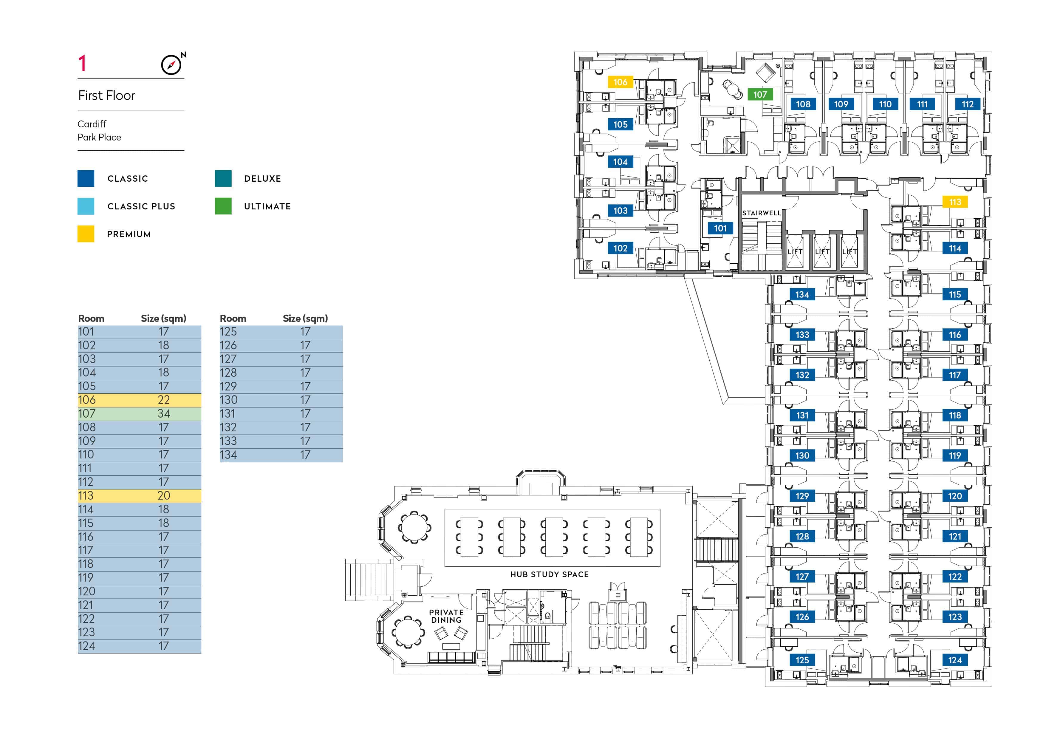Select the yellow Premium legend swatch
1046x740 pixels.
tap(86, 234)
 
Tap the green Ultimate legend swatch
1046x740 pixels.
tap(223, 206)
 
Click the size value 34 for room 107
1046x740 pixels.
tap(164, 414)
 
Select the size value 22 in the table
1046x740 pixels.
tap(164, 400)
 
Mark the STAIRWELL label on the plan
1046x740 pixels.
tap(761, 213)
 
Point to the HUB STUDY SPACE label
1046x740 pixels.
tap(550, 574)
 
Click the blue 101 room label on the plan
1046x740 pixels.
tap(720, 228)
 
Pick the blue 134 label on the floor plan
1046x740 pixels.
tap(802, 294)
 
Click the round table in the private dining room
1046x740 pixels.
tap(409, 633)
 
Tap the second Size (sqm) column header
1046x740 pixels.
tap(305, 319)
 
